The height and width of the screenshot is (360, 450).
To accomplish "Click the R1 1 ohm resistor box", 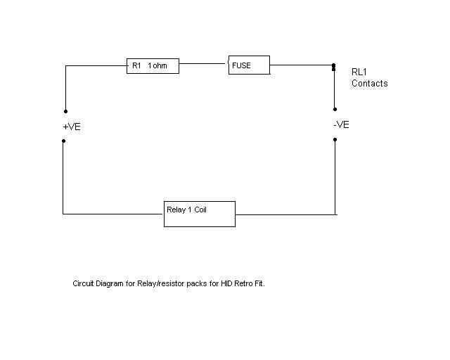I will pyautogui.click(x=152, y=66).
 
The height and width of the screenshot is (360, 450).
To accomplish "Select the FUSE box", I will pyautogui.click(x=249, y=66).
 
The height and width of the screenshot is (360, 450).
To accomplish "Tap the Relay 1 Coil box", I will pyautogui.click(x=199, y=214).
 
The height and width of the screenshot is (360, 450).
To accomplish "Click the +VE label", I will pyautogui.click(x=72, y=127).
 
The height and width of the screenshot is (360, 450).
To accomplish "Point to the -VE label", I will pyautogui.click(x=341, y=125).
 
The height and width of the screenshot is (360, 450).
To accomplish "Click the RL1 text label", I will pyautogui.click(x=359, y=72).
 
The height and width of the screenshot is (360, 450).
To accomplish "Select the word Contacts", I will pyautogui.click(x=369, y=84).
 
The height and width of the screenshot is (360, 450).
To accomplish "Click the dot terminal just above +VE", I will pyautogui.click(x=65, y=111).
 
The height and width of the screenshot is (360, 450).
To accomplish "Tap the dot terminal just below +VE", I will pyautogui.click(x=63, y=141).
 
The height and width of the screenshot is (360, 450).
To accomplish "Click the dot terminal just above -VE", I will pyautogui.click(x=335, y=110).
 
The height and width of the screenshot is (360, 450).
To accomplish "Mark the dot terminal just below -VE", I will pyautogui.click(x=335, y=139).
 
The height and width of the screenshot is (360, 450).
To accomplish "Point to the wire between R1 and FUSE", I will pyautogui.click(x=203, y=63).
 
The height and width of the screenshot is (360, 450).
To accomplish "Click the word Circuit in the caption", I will pyautogui.click(x=84, y=284).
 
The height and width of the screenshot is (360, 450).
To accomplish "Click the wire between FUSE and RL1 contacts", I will pyautogui.click(x=301, y=65).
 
